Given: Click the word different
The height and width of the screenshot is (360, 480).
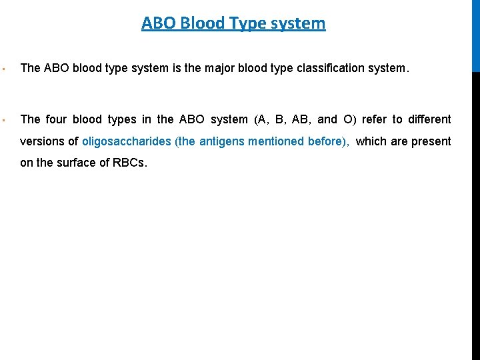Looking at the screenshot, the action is point(429,119).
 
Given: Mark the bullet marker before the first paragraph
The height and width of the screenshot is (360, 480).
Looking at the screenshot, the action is point(4,68).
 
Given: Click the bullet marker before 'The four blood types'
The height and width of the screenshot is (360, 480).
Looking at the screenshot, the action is point(4,120).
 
